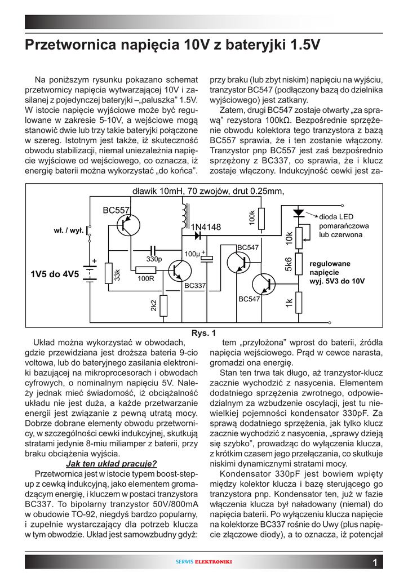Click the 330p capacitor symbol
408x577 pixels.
click(x=152, y=250)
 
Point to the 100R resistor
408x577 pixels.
click(x=145, y=269)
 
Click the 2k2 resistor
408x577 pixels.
click(x=163, y=305)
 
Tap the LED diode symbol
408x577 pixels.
click(x=299, y=213)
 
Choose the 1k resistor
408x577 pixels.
click(x=299, y=304)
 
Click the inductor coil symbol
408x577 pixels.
click(x=183, y=211)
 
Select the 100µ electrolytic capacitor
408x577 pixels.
click(x=207, y=258)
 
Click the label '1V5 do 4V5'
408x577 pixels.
click(x=55, y=274)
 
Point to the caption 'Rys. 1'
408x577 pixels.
click(x=203, y=333)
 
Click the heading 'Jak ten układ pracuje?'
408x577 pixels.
click(x=111, y=464)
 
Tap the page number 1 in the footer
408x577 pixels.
click(x=375, y=562)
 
